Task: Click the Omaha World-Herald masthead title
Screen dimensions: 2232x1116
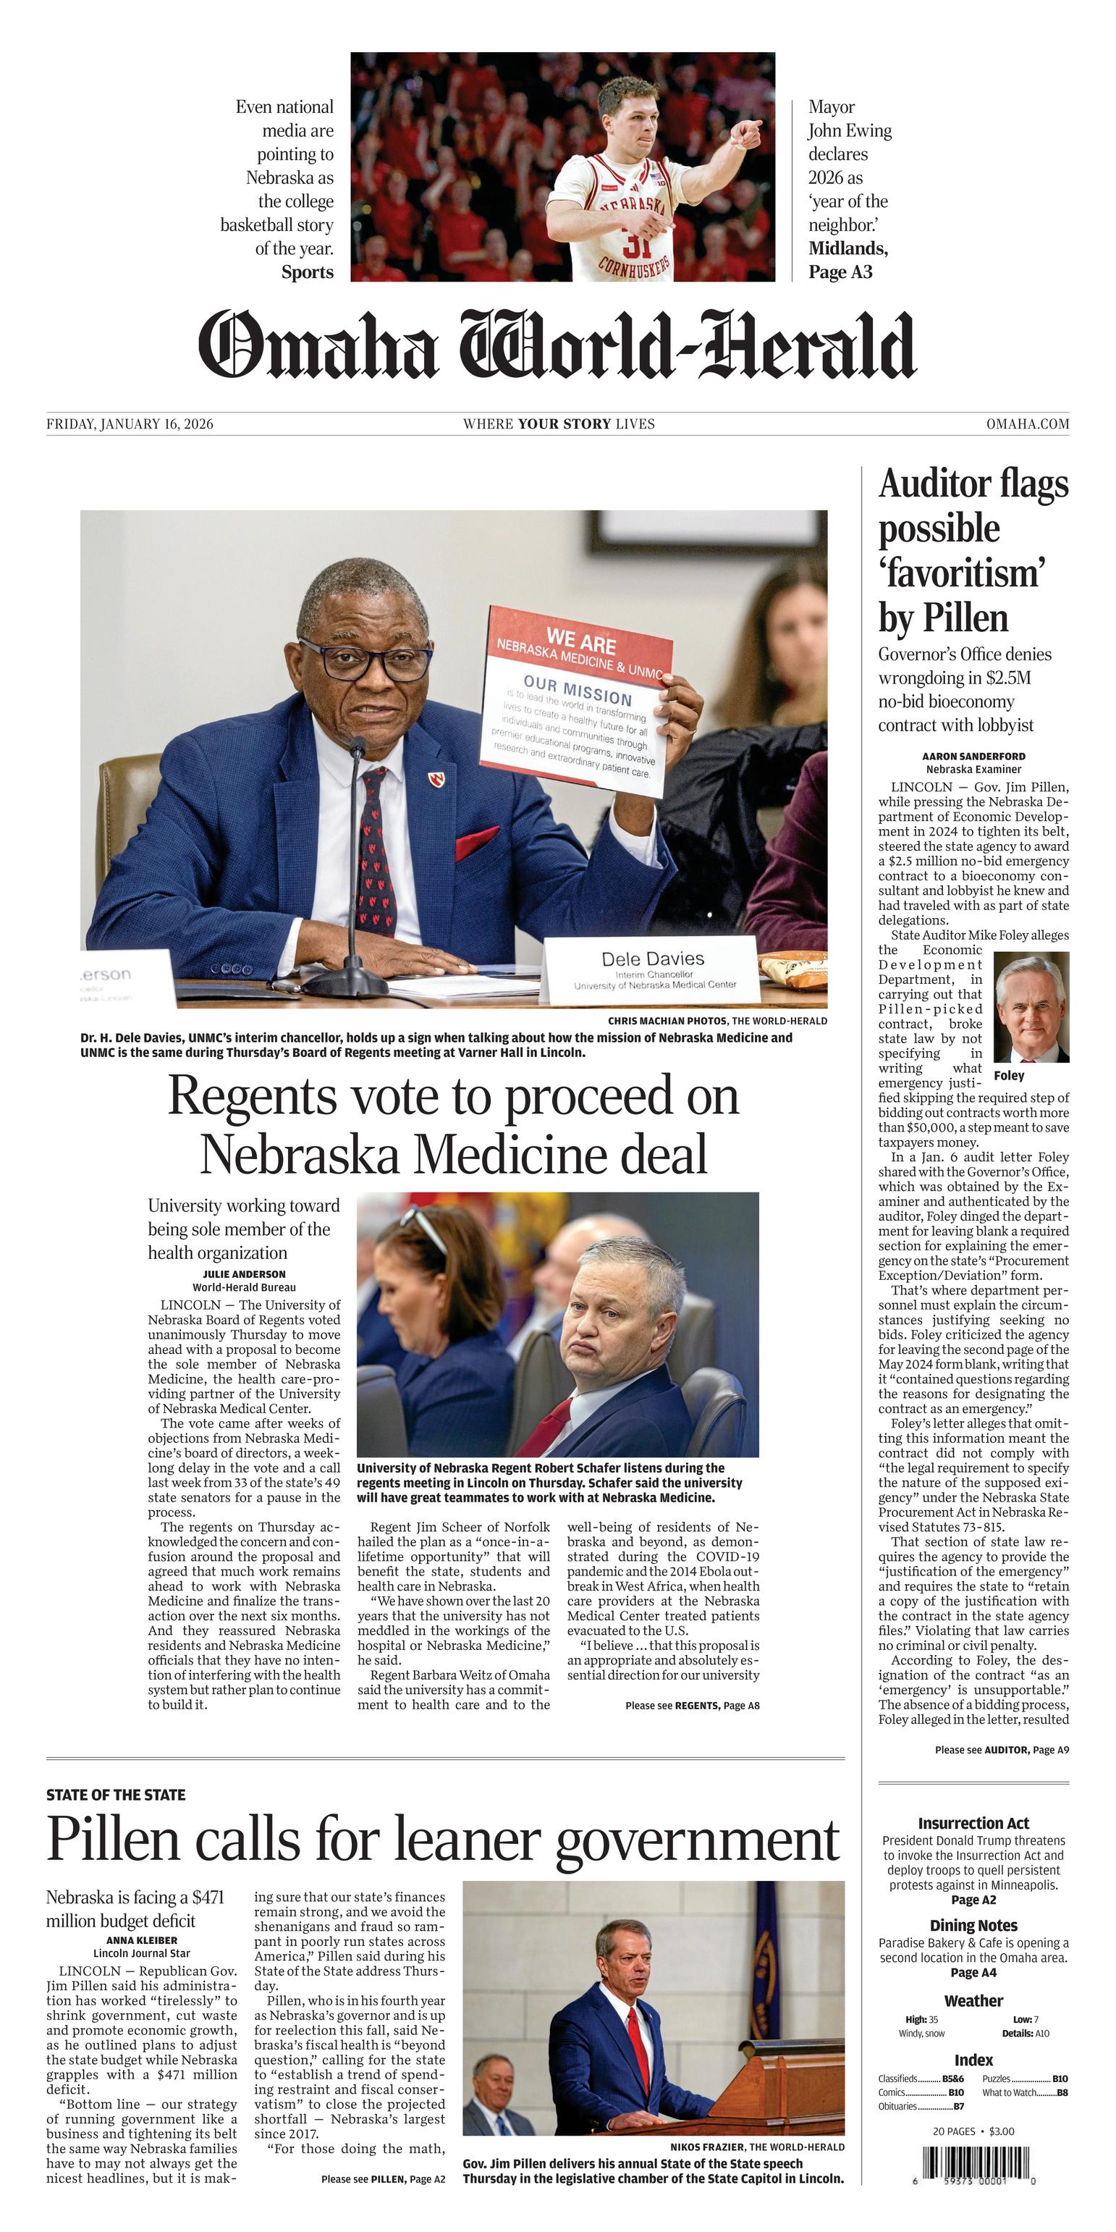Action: [x=557, y=345]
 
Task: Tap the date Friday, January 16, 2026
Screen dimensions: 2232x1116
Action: [x=130, y=424]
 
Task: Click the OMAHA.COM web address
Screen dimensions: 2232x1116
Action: [x=1027, y=424]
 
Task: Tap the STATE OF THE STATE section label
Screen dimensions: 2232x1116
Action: [x=116, y=1795]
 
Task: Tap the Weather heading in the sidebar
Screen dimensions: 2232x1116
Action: [x=973, y=2000]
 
